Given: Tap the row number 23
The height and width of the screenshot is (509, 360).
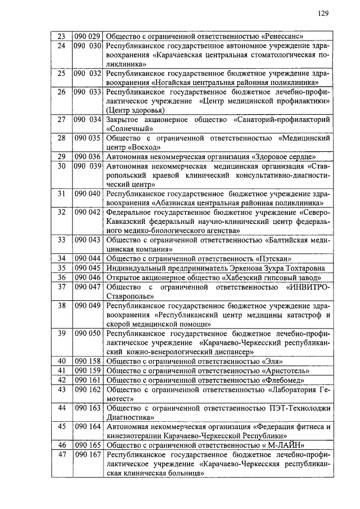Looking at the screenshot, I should (62, 37).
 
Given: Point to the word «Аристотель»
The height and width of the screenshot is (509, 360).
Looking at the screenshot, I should (287, 371).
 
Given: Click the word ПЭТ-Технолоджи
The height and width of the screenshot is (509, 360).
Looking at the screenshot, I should (301, 408).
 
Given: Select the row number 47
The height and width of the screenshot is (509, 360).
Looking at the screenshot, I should (62, 454).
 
